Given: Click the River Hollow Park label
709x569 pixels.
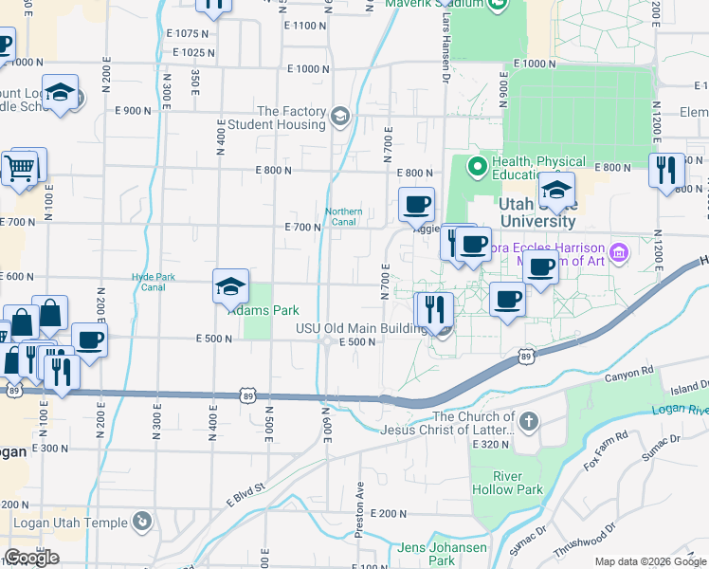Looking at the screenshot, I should (x=518, y=483).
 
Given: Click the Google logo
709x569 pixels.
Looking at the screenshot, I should (x=31, y=558).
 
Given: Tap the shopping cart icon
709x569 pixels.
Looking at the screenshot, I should (x=19, y=169).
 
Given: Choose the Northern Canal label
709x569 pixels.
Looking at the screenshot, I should (x=343, y=217).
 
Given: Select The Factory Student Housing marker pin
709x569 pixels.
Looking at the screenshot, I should (x=340, y=118).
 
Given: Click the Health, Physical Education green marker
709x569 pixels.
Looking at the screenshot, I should (x=478, y=168).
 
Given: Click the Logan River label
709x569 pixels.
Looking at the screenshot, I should (x=680, y=409).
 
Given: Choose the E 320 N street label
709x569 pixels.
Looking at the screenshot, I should (x=490, y=443).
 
